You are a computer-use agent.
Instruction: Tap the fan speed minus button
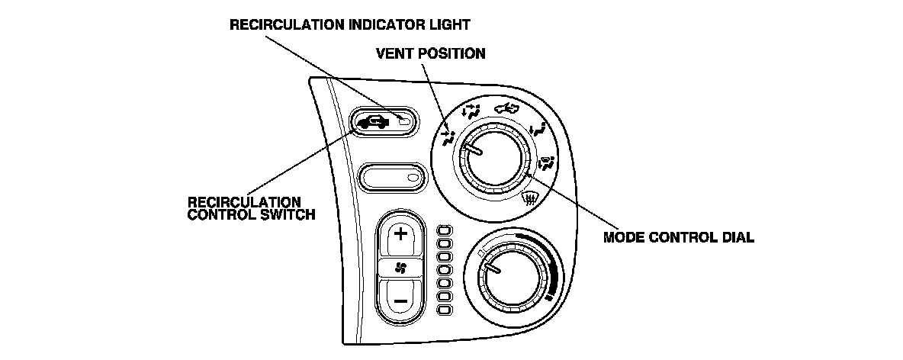point(400,298)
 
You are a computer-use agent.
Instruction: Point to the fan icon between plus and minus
point(400,266)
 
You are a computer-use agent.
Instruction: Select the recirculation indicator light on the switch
point(405,121)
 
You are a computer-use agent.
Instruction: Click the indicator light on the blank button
point(413,178)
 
